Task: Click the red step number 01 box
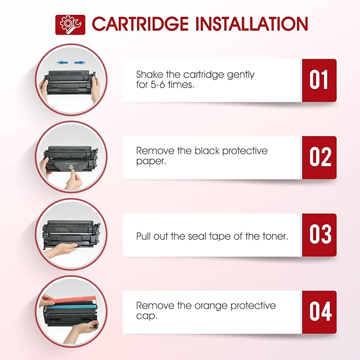[x=319, y=81]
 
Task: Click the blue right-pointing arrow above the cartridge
[x=80, y=63]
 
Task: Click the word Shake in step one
[x=150, y=75]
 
